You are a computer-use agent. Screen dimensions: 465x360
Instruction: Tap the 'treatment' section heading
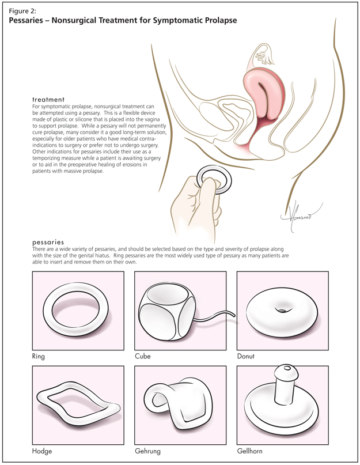(48, 100)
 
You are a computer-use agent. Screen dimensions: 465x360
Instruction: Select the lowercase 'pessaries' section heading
(49, 242)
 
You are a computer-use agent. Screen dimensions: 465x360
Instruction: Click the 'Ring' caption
(39, 357)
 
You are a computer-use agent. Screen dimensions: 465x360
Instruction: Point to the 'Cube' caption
(142, 357)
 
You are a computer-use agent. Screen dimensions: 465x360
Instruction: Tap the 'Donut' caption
(245, 357)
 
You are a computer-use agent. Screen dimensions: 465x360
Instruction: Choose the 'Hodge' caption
(42, 451)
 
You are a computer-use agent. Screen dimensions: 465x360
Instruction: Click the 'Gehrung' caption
(147, 451)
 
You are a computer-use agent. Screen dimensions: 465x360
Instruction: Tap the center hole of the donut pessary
(282, 311)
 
